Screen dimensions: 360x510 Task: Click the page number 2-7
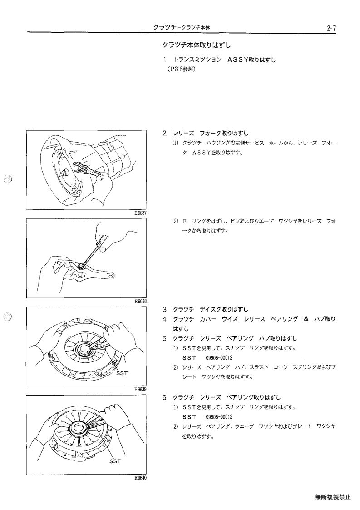tap(331, 28)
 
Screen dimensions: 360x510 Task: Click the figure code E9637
tap(140, 213)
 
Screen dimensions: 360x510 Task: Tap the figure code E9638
tap(140, 301)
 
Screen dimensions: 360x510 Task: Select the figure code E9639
tap(140, 390)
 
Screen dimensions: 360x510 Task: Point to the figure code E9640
tap(140, 479)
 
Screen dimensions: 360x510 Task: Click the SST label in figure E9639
tap(122, 373)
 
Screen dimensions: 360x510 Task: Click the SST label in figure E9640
tap(115, 461)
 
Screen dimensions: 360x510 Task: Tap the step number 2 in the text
tap(164, 133)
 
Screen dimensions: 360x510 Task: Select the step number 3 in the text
tap(164, 309)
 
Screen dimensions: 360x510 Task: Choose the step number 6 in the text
tap(164, 397)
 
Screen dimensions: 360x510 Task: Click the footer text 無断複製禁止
tap(333, 497)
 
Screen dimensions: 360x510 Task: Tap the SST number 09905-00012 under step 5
tap(219, 358)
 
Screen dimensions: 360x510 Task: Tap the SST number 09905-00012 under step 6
tap(219, 417)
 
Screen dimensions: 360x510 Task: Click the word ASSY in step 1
tap(238, 59)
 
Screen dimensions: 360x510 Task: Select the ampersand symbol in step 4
tap(306, 319)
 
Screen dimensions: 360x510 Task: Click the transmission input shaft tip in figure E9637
tap(61, 173)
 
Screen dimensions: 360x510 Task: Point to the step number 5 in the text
tap(164, 338)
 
